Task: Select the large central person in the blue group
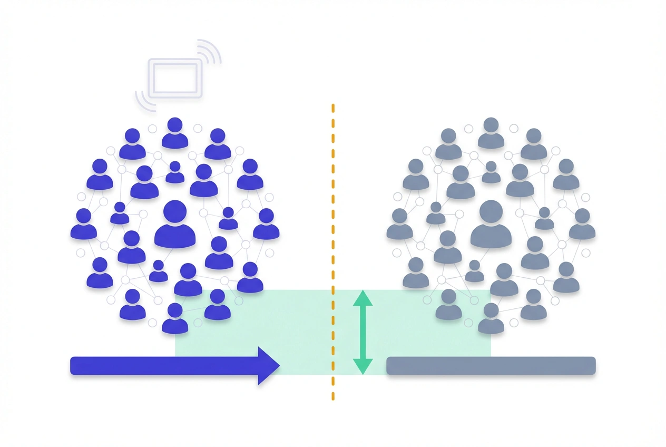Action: tap(175, 226)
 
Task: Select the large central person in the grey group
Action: tap(491, 226)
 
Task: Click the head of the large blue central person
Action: tap(175, 211)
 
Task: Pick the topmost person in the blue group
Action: tap(175, 133)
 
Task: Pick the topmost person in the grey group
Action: tap(491, 133)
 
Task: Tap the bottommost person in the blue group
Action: tap(175, 318)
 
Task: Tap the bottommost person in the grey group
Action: tap(491, 318)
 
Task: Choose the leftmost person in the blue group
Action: tap(84, 225)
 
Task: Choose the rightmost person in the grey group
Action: tap(582, 225)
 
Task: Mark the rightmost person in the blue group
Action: tap(266, 225)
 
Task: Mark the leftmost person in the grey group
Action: tap(399, 225)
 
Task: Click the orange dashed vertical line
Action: tap(332, 211)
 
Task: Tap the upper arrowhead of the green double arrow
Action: tap(363, 298)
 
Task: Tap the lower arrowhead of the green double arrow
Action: tap(363, 366)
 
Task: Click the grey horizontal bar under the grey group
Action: tap(491, 366)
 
